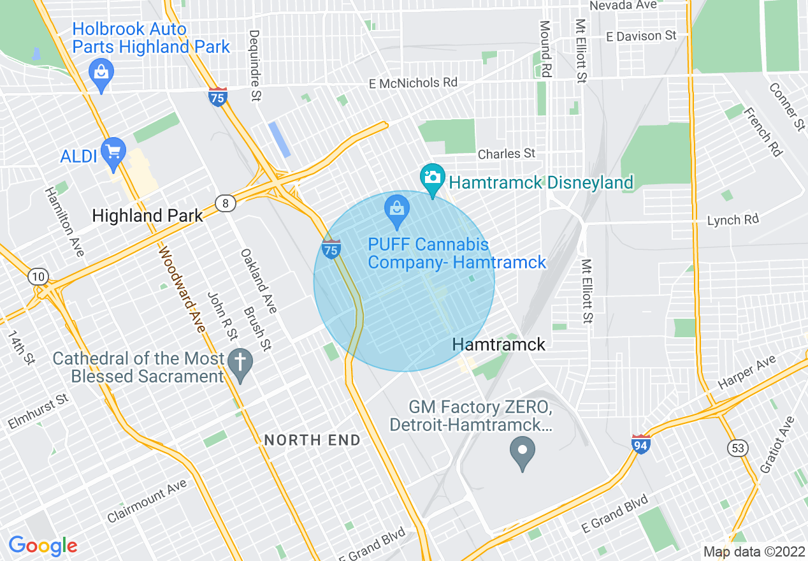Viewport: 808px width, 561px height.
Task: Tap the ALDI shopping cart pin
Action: coord(114,152)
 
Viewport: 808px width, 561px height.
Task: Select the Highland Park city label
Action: coord(147,215)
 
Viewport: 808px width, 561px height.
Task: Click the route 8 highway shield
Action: coord(226,203)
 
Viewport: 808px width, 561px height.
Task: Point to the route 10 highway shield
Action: coord(38,276)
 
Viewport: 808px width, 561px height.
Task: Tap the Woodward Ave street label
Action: coord(182,290)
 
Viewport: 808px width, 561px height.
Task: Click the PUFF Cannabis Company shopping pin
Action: coord(397,209)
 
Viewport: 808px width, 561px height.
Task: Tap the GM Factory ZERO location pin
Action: coord(523,451)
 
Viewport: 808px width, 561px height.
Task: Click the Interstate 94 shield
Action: coord(641,444)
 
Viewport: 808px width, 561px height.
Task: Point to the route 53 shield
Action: coord(738,449)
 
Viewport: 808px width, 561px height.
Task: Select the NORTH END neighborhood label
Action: coord(312,440)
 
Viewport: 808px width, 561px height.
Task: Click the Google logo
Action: coord(43,546)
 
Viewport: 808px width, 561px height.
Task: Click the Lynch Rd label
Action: coord(733,220)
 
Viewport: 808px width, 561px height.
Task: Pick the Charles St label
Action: coord(507,154)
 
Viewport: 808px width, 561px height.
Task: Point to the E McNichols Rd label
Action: coord(414,84)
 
